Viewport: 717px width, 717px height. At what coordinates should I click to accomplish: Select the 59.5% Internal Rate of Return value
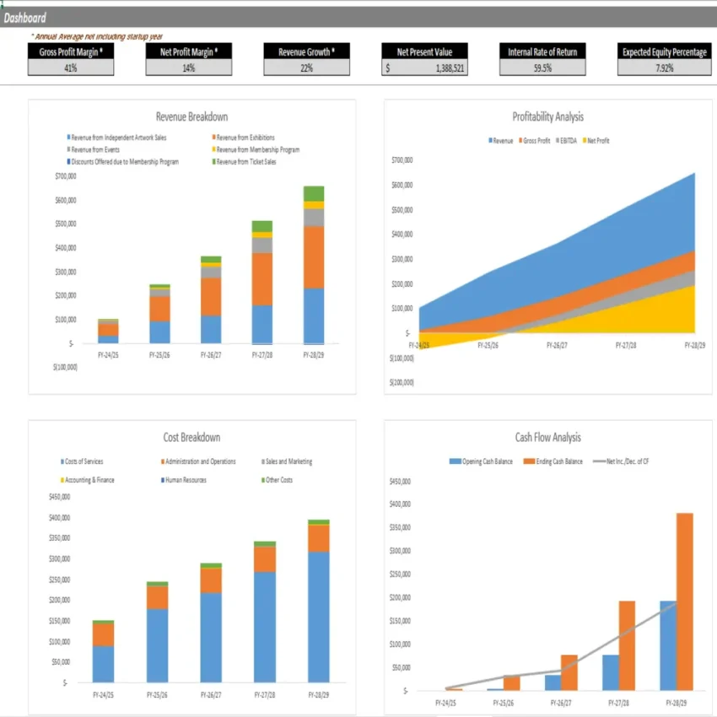click(x=542, y=68)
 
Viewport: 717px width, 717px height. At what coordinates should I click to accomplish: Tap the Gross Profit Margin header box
click(x=71, y=52)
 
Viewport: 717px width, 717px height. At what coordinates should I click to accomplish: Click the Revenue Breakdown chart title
click(x=191, y=117)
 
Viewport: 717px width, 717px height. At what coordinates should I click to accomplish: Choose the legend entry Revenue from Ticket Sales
click(x=245, y=161)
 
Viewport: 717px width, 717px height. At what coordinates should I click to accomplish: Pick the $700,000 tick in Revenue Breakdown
click(x=64, y=176)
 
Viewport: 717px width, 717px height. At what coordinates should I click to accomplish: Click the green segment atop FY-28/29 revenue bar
click(x=314, y=193)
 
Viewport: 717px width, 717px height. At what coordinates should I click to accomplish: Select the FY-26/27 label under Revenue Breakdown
click(x=210, y=355)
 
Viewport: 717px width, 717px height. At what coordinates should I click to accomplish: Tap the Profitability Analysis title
click(x=547, y=117)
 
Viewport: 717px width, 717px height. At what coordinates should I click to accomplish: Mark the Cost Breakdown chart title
click(x=191, y=437)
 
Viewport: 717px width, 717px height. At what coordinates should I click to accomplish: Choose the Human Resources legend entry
click(x=186, y=480)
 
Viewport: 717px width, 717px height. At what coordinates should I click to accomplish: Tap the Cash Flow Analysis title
click(x=547, y=437)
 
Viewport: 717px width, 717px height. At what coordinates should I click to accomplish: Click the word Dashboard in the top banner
click(x=25, y=18)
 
